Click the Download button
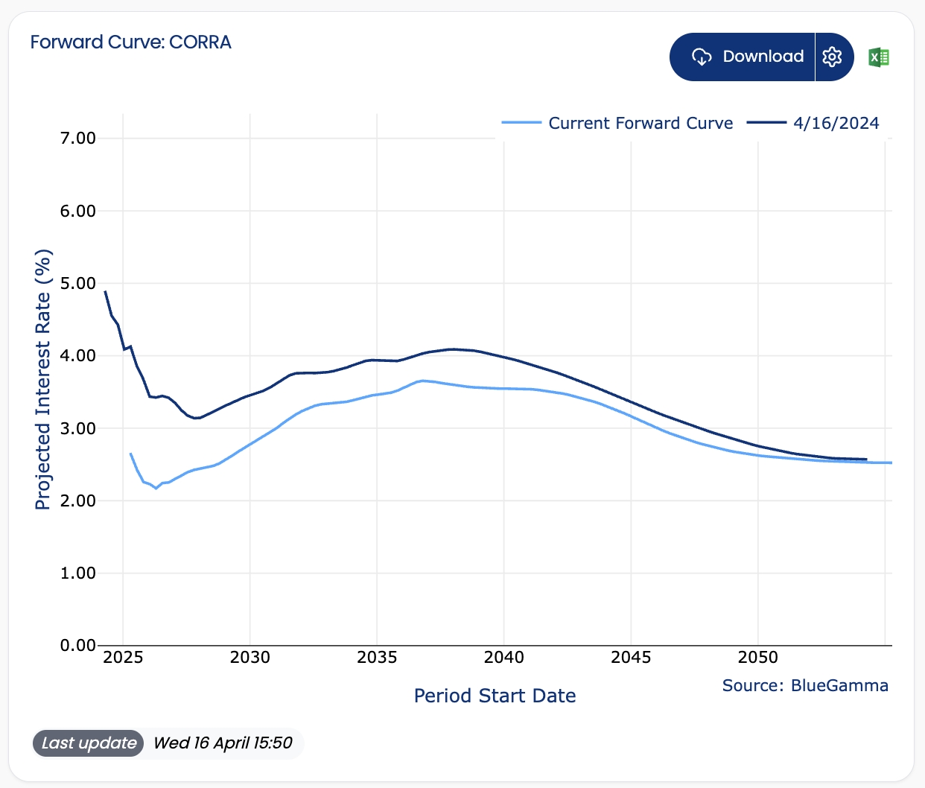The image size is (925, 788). click(x=742, y=57)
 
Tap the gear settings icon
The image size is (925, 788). click(x=832, y=57)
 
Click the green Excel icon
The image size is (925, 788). click(x=879, y=57)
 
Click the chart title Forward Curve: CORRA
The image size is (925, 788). click(x=130, y=42)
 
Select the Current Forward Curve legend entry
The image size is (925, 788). click(x=617, y=123)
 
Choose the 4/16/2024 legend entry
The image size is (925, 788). click(x=813, y=123)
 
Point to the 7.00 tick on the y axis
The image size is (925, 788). click(x=78, y=139)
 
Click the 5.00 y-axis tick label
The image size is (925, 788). click(x=78, y=283)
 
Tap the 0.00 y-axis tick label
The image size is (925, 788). click(x=78, y=645)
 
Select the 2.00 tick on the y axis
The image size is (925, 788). click(x=78, y=501)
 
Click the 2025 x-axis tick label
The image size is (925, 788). click(x=123, y=658)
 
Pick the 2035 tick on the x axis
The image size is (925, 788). click(x=377, y=658)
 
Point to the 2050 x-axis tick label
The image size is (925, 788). click(x=758, y=658)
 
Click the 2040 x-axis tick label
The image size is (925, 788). click(x=504, y=658)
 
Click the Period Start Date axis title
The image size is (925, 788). click(x=495, y=696)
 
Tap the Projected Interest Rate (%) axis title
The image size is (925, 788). click(x=43, y=379)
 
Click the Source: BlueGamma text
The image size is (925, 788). click(x=805, y=685)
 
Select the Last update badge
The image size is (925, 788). click(x=88, y=743)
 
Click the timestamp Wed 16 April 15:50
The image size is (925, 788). click(x=223, y=743)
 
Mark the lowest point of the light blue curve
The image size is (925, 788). click(x=156, y=488)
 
